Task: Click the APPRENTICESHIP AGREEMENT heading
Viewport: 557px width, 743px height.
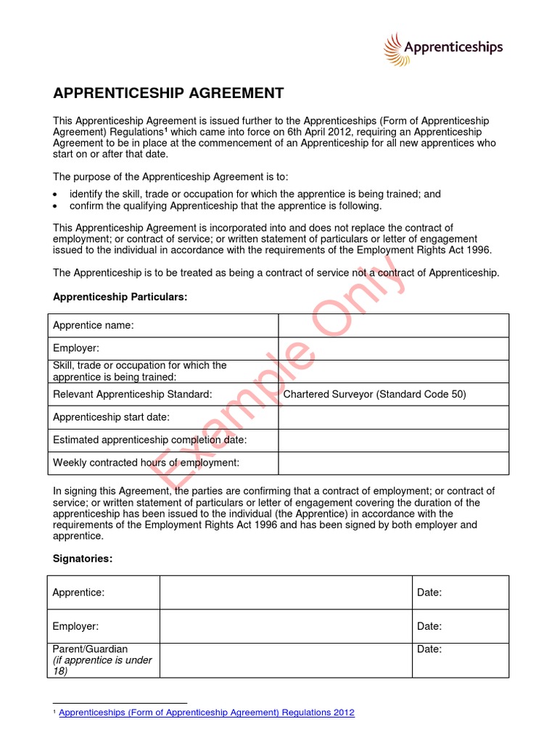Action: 168,93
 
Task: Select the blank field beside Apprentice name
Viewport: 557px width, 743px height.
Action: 393,326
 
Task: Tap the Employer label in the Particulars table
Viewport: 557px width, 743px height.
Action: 76,349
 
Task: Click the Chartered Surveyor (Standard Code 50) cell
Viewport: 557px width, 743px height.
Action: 374,394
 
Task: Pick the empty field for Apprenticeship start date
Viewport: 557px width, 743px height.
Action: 393,417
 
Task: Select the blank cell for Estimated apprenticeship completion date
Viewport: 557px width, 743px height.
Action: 393,440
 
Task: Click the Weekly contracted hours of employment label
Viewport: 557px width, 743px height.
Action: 146,462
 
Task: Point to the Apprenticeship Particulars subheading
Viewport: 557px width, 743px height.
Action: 120,297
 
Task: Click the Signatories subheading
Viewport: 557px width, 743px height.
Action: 83,559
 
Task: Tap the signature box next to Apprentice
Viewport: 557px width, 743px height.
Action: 286,593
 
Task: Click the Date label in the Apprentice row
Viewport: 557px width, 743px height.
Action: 429,593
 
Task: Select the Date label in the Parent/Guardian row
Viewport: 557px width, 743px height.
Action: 429,649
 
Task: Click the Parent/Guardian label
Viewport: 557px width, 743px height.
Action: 90,649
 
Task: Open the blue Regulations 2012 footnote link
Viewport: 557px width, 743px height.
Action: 207,713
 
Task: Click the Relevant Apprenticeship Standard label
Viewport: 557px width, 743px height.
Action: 133,394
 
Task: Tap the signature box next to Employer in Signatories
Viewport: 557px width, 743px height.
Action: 286,626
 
